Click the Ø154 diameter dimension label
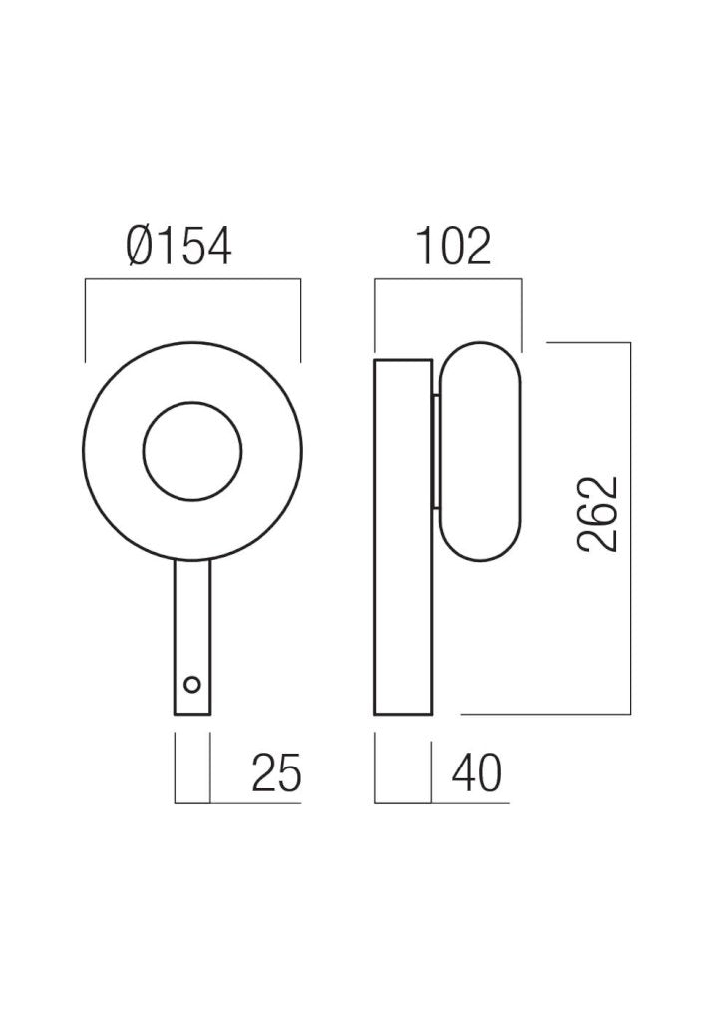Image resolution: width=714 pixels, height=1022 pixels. [178, 248]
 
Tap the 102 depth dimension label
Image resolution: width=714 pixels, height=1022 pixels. [453, 248]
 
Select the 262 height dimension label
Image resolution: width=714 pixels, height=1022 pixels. [598, 515]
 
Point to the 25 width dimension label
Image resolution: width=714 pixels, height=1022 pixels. [277, 773]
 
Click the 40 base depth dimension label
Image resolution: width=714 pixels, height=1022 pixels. [477, 773]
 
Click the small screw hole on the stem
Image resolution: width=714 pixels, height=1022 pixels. [192, 685]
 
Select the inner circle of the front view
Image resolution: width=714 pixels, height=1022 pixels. [192, 403]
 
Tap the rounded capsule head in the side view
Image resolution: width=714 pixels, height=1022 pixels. [480, 343]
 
